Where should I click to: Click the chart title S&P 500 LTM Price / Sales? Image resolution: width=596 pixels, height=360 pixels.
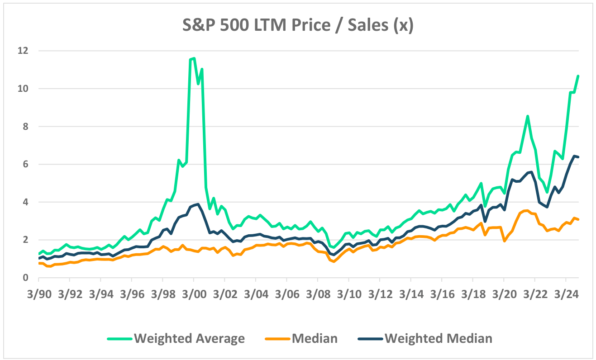point(297,25)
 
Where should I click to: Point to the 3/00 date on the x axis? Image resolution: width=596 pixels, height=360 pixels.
point(193,293)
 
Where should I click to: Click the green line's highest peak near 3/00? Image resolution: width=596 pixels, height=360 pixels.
point(194,58)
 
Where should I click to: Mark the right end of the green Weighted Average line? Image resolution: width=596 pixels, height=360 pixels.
point(578,76)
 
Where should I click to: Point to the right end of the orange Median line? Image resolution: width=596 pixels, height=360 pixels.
point(578,219)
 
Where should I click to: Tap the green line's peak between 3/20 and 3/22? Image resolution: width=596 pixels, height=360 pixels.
point(527,116)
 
